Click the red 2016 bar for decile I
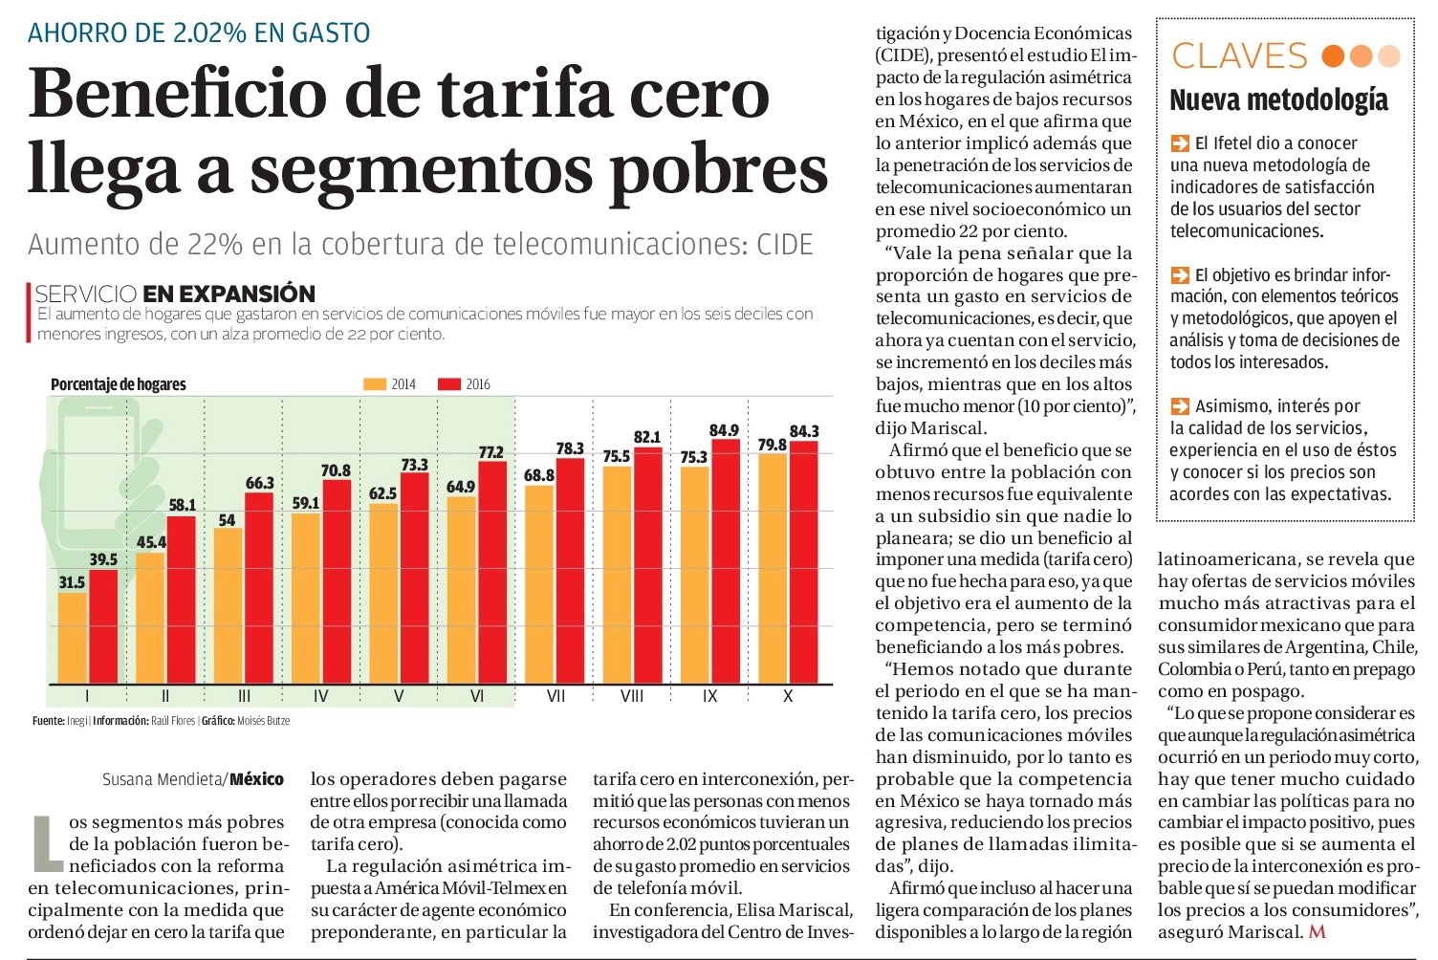click(x=103, y=626)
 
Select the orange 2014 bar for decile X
click(x=773, y=568)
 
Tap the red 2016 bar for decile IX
click(x=726, y=561)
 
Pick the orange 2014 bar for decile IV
click(x=306, y=598)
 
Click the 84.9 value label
click(x=724, y=429)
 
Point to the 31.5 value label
click(x=72, y=582)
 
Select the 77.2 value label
click(x=491, y=452)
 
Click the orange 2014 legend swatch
click(x=374, y=384)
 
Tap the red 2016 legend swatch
click(x=448, y=384)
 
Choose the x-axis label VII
click(x=556, y=695)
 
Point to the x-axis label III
click(x=244, y=695)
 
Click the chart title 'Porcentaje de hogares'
click(x=119, y=384)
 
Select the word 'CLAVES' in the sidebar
click(x=1239, y=55)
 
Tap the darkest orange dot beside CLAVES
click(x=1333, y=56)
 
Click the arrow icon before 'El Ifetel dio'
click(x=1180, y=142)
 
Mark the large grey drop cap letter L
click(x=48, y=843)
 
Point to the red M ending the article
click(x=1317, y=931)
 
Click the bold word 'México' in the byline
click(x=257, y=779)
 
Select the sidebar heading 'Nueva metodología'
click(x=1278, y=100)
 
